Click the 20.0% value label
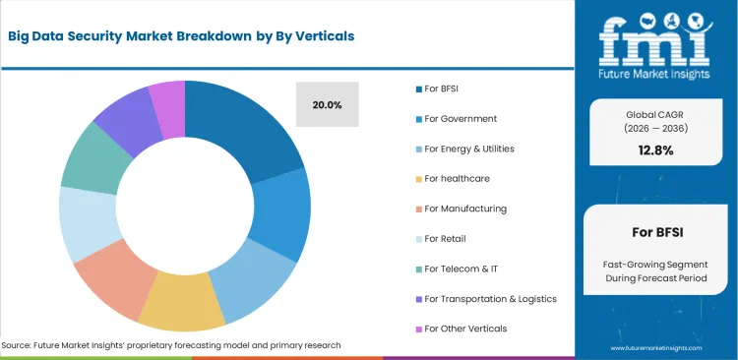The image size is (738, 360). (x=327, y=105)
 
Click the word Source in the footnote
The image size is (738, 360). (x=21, y=345)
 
